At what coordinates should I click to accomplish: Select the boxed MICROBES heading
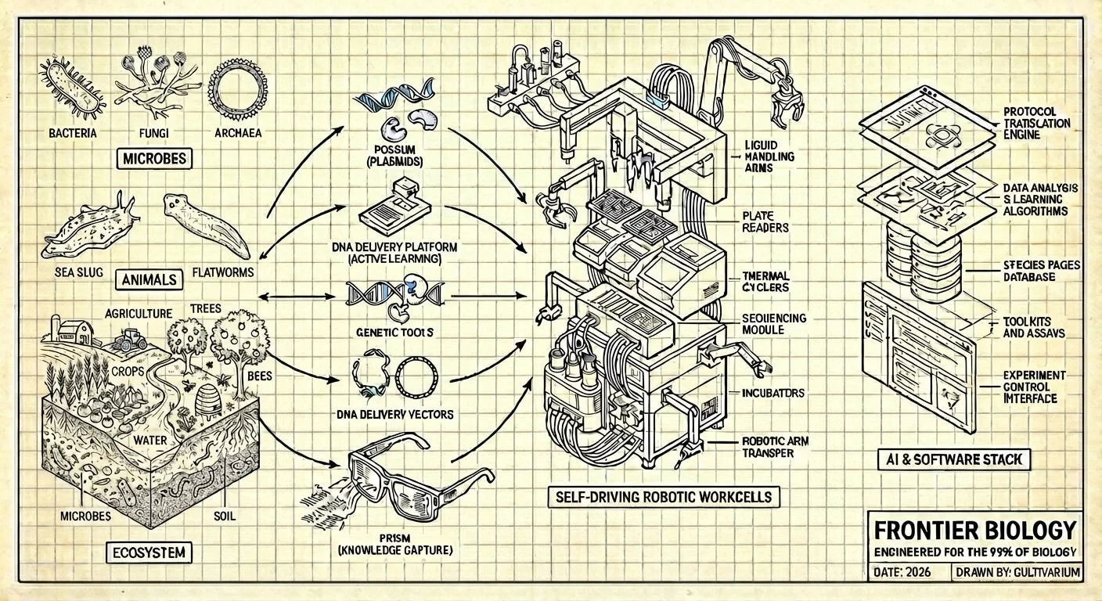pyautogui.click(x=154, y=160)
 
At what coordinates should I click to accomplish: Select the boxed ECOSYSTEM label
pyautogui.click(x=147, y=552)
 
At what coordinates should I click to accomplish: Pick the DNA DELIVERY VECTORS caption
pyautogui.click(x=394, y=414)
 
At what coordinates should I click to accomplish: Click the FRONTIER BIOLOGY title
pyautogui.click(x=974, y=531)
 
